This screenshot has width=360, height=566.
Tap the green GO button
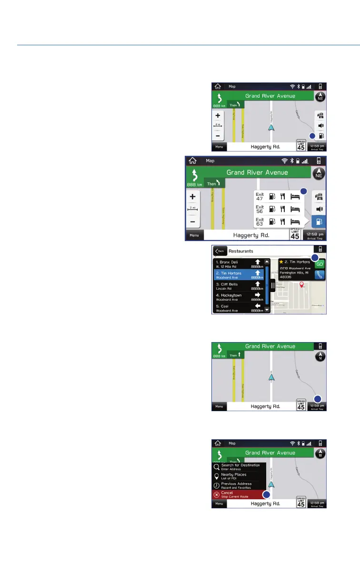(x=320, y=264)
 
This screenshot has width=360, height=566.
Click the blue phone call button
(x=320, y=274)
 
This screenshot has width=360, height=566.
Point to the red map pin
(x=301, y=285)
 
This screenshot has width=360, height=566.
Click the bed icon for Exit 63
(x=296, y=221)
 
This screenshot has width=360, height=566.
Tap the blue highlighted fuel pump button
(x=320, y=222)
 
